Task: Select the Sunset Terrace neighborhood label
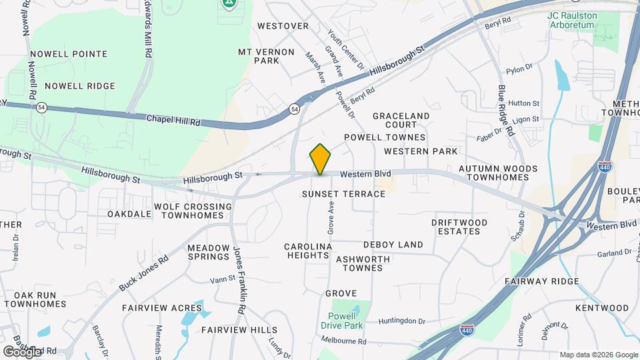343,194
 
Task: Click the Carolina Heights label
308,251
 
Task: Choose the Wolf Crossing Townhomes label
193,211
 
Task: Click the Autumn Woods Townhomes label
493,173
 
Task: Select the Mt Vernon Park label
258,56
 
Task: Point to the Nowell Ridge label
80,86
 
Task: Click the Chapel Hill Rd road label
173,120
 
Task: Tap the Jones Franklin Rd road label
238,280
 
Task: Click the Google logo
22,351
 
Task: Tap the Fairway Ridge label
551,281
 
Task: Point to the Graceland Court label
401,120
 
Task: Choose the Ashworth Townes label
359,263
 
